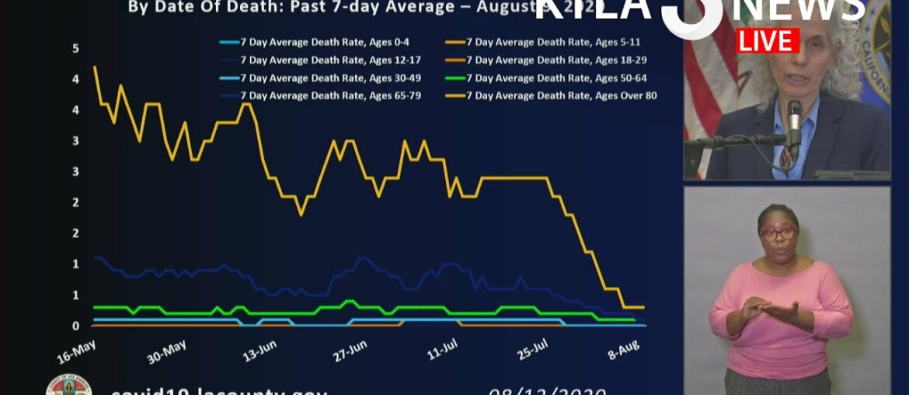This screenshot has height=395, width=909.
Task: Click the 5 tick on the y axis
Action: [76, 48]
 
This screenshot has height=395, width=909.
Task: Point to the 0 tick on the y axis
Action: [76, 326]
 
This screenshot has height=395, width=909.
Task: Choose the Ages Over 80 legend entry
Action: [561, 96]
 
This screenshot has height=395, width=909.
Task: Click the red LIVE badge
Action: [768, 40]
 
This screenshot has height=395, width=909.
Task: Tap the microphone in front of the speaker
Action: [793, 124]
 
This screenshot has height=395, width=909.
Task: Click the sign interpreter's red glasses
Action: [778, 232]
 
